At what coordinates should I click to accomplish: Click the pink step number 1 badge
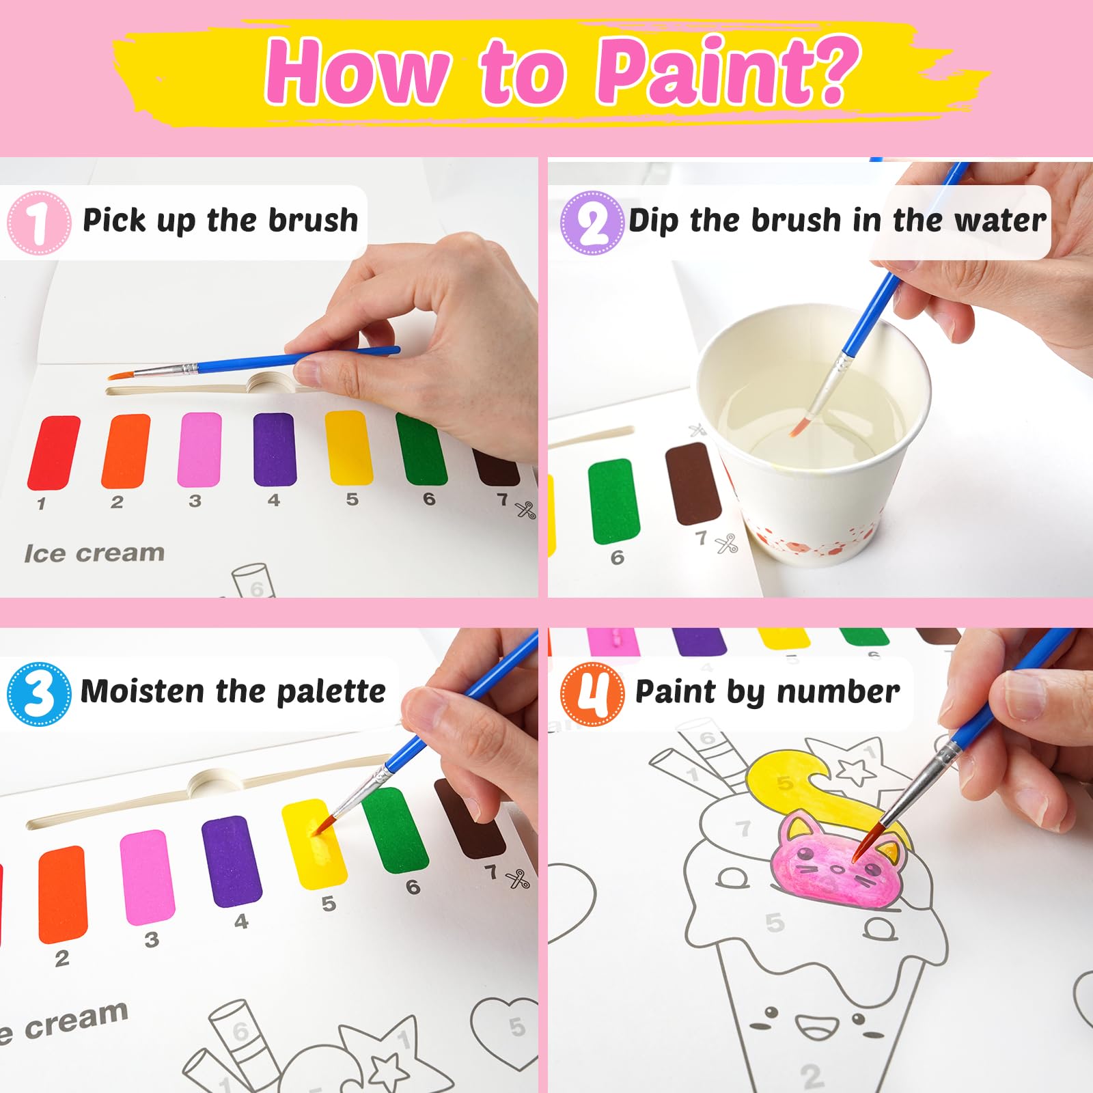coord(39,223)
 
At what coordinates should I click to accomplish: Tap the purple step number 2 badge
coord(592,223)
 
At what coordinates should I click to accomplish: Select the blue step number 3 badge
coord(39,693)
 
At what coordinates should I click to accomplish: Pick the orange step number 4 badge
coord(592,693)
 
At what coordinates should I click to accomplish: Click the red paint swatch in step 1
coord(53,452)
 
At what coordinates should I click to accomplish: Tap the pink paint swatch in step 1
coord(199,449)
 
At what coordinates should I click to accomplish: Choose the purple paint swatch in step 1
coord(275,449)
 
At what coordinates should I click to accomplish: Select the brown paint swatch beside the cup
coord(693,484)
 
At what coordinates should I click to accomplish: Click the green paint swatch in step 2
coord(613,501)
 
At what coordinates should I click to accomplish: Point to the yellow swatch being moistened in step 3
coord(314,843)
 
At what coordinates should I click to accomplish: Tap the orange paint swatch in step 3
coord(62,893)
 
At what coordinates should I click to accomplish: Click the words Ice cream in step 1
coord(94,553)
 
